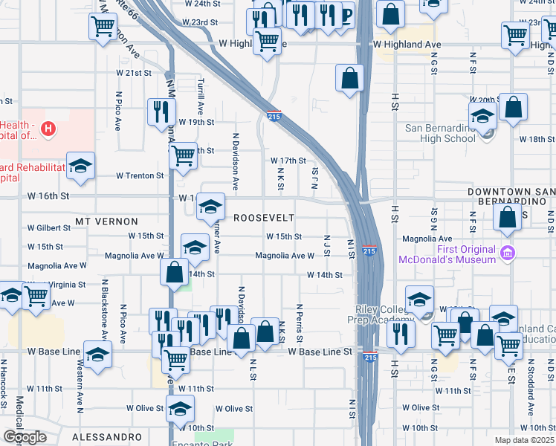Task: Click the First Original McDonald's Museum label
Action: point(447,254)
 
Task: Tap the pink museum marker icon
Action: point(508,253)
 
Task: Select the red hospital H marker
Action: point(48,129)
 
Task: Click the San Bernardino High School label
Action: point(440,132)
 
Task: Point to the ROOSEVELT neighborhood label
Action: point(264,218)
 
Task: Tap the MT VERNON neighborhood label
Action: point(106,222)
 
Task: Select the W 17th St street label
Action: point(288,161)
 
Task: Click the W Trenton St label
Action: point(139,176)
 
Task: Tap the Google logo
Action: point(25,437)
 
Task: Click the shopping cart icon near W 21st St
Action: point(102,28)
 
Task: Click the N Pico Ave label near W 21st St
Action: point(118,111)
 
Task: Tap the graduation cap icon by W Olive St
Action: point(180,408)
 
